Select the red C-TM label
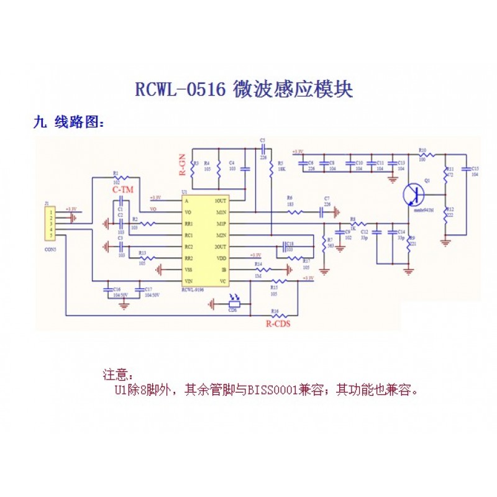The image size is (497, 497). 122,188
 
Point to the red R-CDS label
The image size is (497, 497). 278,324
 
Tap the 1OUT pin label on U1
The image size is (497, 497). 220,201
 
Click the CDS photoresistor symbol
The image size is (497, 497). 233,304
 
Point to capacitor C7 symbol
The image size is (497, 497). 323,212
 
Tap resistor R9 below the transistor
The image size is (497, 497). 408,245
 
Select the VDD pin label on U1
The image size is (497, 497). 221,258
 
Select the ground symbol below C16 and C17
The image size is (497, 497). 124,304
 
